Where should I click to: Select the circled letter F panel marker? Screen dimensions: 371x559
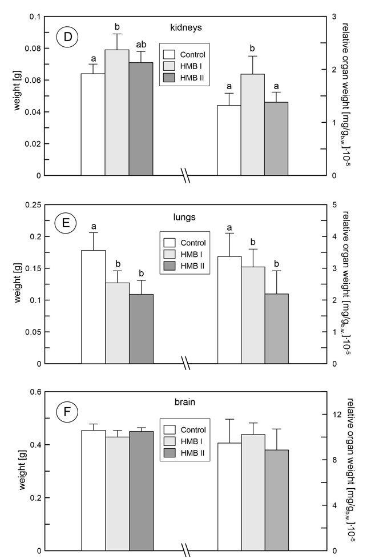pos(67,412)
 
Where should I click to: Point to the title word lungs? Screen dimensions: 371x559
pos(184,217)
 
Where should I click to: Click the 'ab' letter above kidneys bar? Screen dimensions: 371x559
pos(141,45)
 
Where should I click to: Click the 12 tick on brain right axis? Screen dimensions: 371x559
pos(337,415)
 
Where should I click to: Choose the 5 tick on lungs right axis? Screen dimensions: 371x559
pos(334,205)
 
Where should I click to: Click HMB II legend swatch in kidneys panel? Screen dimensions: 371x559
pos(170,77)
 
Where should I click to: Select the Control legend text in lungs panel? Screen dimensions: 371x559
pos(193,243)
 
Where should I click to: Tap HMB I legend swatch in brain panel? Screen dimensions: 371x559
pos(170,441)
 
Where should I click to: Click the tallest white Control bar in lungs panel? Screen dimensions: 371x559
pos(94,307)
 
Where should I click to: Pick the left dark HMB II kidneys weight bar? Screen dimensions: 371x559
pos(141,119)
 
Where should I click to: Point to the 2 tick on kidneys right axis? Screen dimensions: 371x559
pos(334,70)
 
